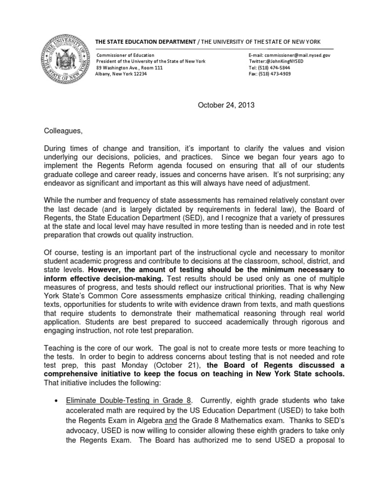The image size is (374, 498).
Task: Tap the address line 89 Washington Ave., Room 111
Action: [130, 68]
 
